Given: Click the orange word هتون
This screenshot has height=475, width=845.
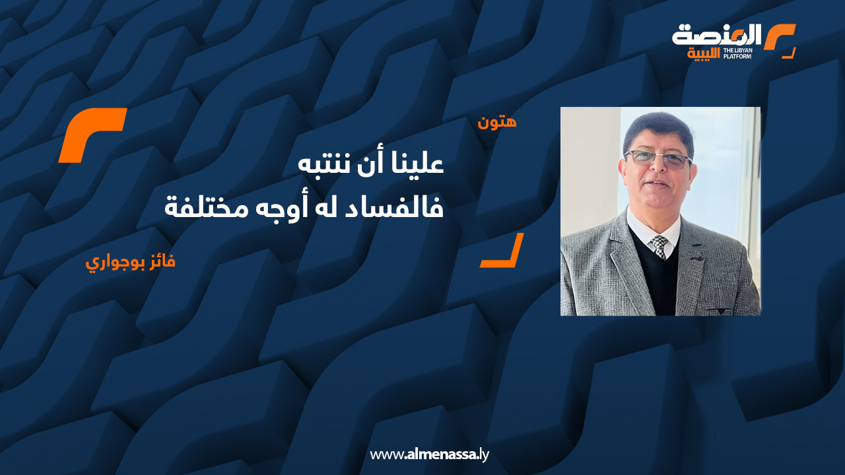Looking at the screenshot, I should coord(497,122).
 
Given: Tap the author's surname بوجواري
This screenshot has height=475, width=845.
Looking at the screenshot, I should coord(113,263).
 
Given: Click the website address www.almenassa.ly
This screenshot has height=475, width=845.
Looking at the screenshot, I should coord(429,455).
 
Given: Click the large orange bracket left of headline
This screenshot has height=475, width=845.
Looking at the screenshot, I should coord(92,135).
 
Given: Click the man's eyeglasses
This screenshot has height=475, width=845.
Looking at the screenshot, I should coord(658,158).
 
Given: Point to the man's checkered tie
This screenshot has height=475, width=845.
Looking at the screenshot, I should coord(659,246).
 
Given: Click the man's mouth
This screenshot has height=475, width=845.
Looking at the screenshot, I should coord(657,183).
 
